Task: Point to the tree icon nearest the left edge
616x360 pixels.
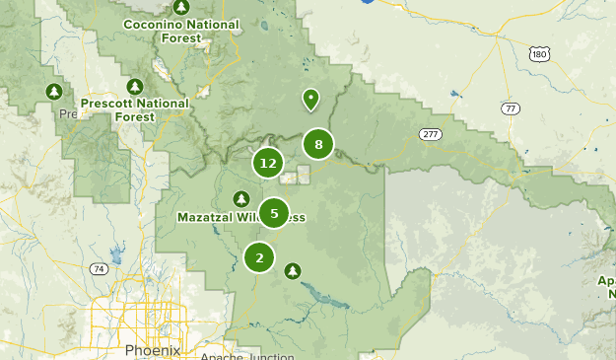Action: [54, 93]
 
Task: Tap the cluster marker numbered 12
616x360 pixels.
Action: [268, 163]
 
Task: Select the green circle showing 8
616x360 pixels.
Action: [318, 145]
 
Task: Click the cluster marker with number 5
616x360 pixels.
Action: [273, 212]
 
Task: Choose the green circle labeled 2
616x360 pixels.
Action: [259, 257]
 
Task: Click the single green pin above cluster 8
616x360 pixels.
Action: [310, 99]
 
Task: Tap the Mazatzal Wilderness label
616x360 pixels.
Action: [241, 217]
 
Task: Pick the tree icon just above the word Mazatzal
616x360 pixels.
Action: [239, 199]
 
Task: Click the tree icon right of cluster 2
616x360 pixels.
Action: [292, 269]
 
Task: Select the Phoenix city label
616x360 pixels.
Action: [153, 350]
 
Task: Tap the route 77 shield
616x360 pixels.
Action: [510, 108]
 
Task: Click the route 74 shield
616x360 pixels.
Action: [98, 268]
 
